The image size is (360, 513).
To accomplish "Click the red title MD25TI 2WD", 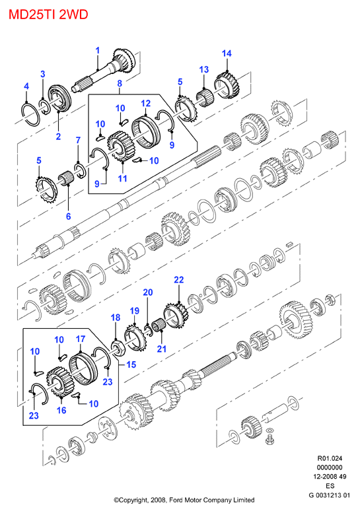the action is [x=48, y=15].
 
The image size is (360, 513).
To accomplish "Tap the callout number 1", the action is [x=98, y=51].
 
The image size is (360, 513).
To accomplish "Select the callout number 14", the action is [x=227, y=53].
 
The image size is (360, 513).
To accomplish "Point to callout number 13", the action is [x=203, y=69].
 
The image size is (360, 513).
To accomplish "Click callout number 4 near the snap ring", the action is [x=26, y=86].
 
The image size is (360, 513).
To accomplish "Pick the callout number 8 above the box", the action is [x=120, y=83].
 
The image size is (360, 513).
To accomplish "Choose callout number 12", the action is [x=145, y=104].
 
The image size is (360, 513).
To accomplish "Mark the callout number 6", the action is [x=68, y=217].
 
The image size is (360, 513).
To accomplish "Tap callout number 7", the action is [x=78, y=141].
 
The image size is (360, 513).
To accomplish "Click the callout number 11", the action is [x=122, y=178].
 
